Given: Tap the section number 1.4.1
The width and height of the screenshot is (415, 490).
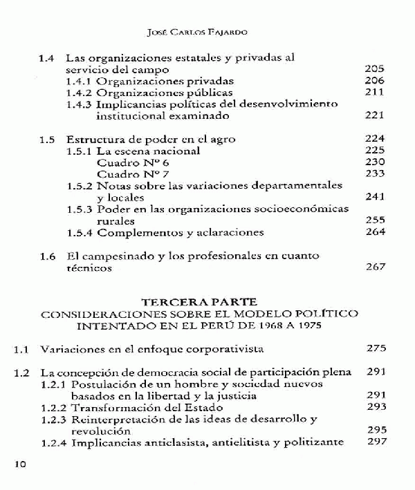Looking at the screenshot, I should [x=80, y=80].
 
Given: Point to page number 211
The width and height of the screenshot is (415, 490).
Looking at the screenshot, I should [x=374, y=92].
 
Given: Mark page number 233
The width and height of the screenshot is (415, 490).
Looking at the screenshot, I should [x=374, y=173].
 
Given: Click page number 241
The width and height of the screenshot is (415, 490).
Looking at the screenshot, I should [x=374, y=197].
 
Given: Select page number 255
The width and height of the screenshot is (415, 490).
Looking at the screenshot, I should [x=374, y=220].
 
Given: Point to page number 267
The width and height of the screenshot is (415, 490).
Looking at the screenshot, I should [x=374, y=267].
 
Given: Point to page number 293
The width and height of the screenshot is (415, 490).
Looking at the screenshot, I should [x=374, y=407].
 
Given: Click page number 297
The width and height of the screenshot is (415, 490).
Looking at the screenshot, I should [x=374, y=442].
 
